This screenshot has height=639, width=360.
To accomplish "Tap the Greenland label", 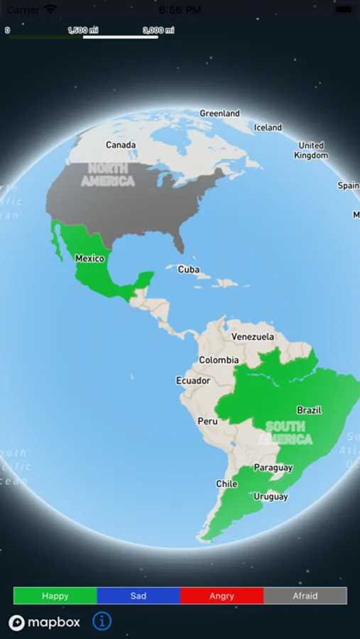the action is pyautogui.click(x=219, y=113).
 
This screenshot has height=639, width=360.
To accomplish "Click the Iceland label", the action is pyautogui.click(x=268, y=128).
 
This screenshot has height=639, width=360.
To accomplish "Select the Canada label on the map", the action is pyautogui.click(x=121, y=145).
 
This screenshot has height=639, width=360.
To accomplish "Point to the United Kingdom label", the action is pyautogui.click(x=311, y=151).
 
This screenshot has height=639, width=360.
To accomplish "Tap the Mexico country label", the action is pyautogui.click(x=89, y=258).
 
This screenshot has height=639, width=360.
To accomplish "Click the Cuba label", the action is pyautogui.click(x=188, y=270).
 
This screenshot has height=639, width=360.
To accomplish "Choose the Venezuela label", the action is pyautogui.click(x=253, y=337).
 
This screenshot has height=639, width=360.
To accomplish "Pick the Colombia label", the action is pyautogui.click(x=219, y=360).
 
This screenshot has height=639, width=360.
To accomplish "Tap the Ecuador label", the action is pyautogui.click(x=193, y=381).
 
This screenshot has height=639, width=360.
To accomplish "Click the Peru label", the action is pyautogui.click(x=207, y=421).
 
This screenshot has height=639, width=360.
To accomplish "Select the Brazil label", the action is pyautogui.click(x=309, y=410).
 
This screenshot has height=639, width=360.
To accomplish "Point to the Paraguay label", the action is pyautogui.click(x=273, y=468).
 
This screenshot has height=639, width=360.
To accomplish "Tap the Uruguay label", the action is pyautogui.click(x=271, y=496).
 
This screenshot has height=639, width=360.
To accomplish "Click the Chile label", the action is pyautogui.click(x=227, y=484).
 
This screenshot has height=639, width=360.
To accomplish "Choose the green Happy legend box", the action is pyautogui.click(x=55, y=596).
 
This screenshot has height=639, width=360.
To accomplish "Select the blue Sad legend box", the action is pyautogui.click(x=138, y=596).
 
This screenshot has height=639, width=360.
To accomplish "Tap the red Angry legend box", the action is pyautogui.click(x=222, y=596).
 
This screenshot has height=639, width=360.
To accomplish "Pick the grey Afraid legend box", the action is pyautogui.click(x=305, y=596).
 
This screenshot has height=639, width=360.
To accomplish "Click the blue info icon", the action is pyautogui.click(x=102, y=621).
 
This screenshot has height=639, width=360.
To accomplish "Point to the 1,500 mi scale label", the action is pyautogui.click(x=82, y=30).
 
